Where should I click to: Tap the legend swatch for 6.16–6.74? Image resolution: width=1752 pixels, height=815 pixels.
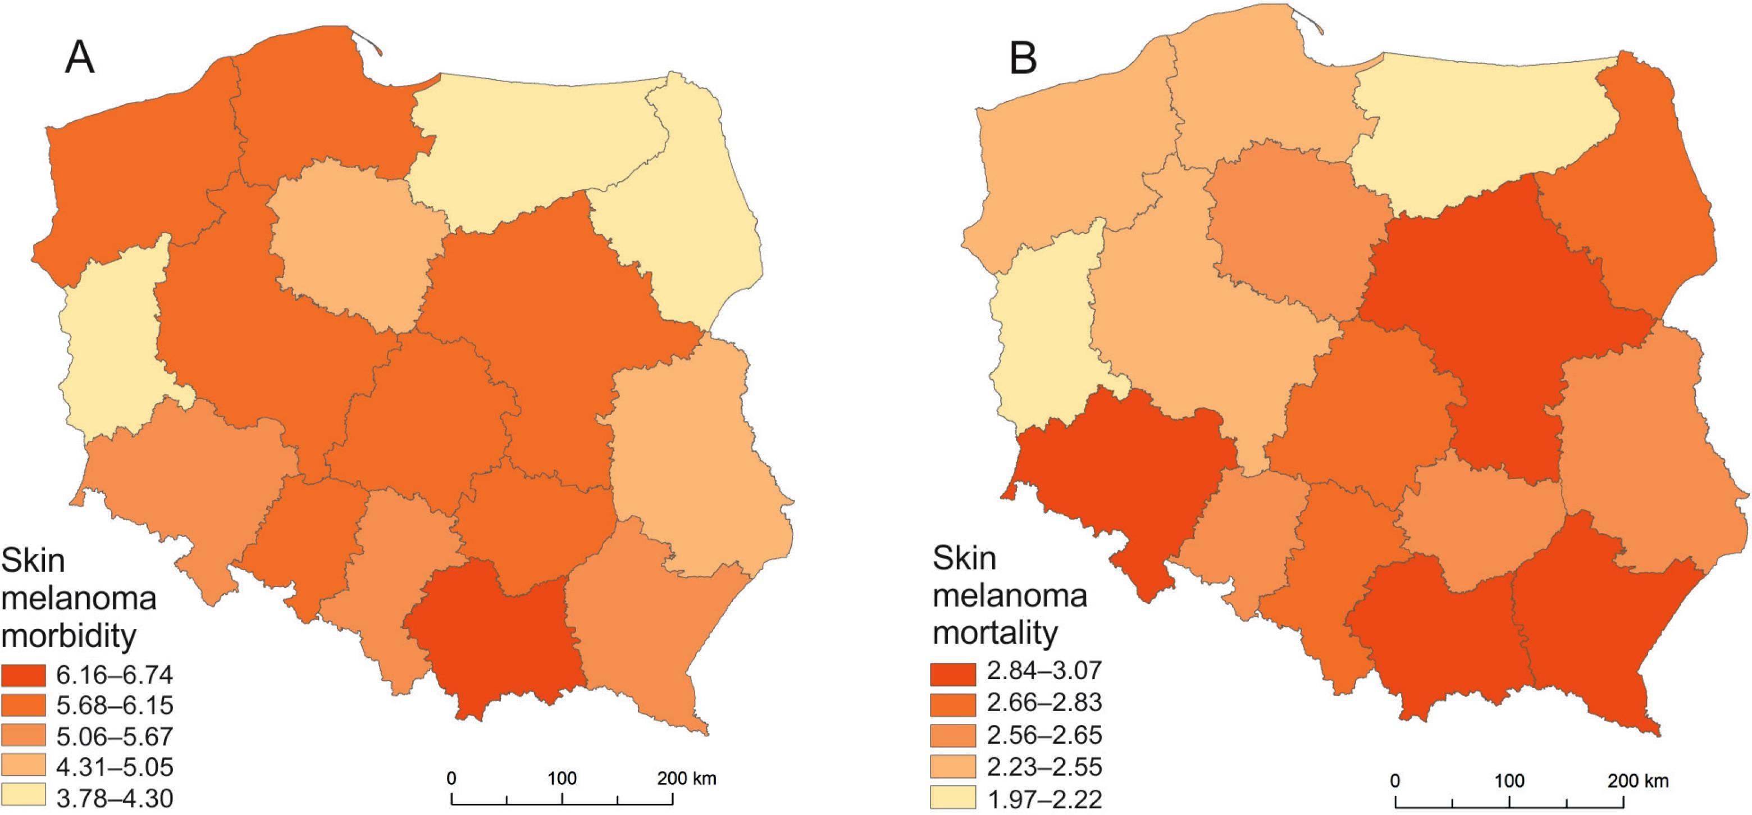23,675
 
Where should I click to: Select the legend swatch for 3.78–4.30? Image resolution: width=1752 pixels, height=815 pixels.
23,795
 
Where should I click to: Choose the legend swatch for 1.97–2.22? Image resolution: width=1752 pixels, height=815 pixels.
953,798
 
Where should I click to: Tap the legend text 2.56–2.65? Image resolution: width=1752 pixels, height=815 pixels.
1044,735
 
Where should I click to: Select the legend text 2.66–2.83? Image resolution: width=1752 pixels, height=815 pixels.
1044,702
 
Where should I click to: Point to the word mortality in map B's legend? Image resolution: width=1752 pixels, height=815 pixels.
996,632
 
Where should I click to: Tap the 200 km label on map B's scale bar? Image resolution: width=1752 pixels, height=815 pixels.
1638,780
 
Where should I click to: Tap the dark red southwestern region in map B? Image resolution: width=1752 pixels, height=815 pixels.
1122,490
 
